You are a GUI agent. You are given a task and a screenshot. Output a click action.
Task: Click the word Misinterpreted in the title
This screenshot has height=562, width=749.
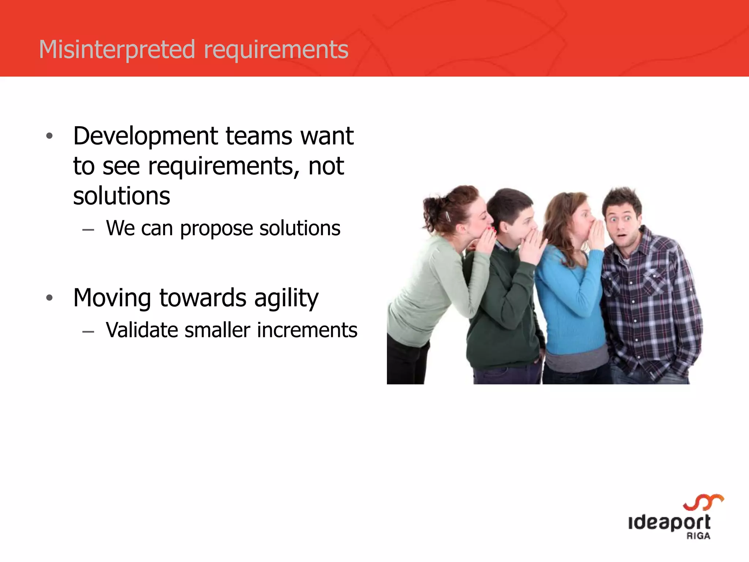coord(117,49)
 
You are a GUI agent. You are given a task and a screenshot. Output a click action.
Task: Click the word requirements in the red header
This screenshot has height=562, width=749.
coord(276,50)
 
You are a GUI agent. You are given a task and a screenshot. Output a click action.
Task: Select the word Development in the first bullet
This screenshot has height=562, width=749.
coord(146,136)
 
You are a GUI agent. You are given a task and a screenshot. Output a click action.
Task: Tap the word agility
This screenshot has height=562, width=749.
coord(286,298)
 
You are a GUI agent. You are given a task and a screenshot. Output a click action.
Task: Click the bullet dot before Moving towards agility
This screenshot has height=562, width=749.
coord(50,298)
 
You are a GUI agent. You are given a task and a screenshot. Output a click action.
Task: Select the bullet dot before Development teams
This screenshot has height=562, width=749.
coord(50,136)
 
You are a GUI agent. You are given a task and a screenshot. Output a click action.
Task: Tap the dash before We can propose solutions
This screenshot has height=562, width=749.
coord(88,230)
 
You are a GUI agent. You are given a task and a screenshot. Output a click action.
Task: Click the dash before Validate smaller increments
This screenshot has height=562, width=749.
coord(88,331)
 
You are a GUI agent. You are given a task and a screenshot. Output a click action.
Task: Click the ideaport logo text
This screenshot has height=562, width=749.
coord(669,522)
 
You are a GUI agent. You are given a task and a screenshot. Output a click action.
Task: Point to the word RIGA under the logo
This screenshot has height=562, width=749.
coord(698,536)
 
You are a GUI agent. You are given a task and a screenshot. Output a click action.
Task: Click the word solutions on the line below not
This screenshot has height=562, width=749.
coord(121,196)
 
